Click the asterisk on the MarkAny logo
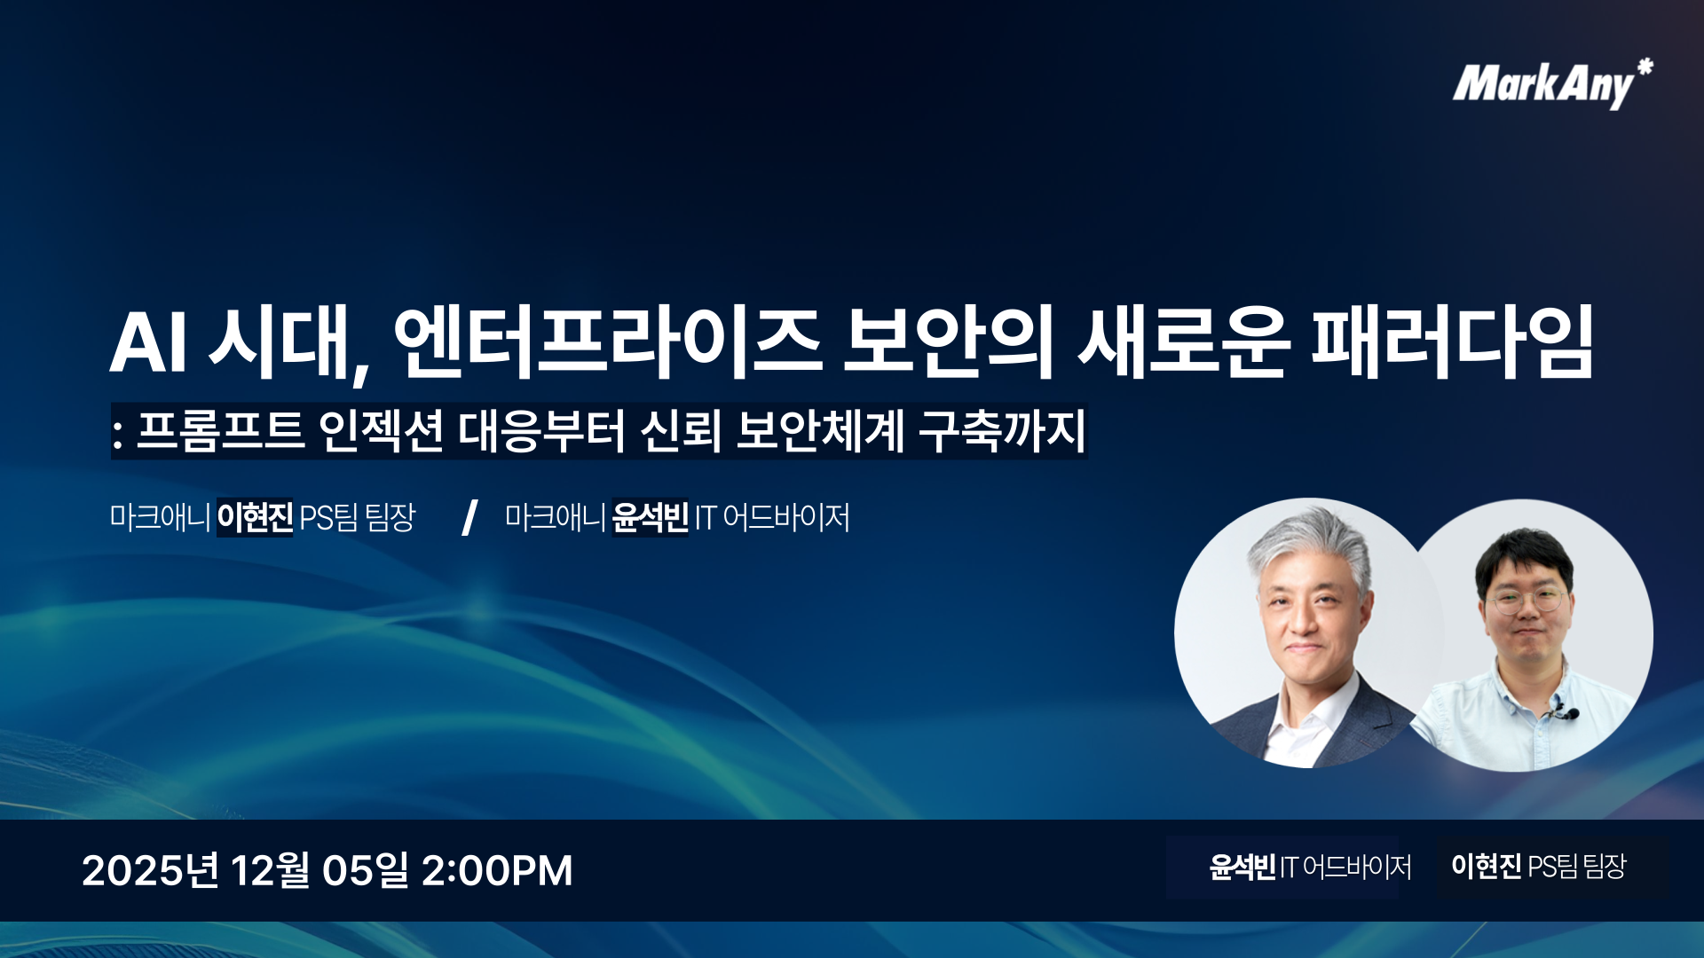[1645, 67]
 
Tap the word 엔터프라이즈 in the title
[608, 342]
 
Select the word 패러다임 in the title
[1453, 342]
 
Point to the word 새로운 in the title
[1184, 342]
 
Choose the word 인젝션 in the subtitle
[381, 431]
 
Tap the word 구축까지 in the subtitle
[1002, 431]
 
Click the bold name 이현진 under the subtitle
[255, 517]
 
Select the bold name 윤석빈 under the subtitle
[650, 517]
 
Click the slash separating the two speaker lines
[469, 517]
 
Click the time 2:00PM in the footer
[497, 870]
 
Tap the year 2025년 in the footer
[150, 870]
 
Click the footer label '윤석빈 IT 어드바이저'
[1310, 867]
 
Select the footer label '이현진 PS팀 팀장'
[1538, 866]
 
